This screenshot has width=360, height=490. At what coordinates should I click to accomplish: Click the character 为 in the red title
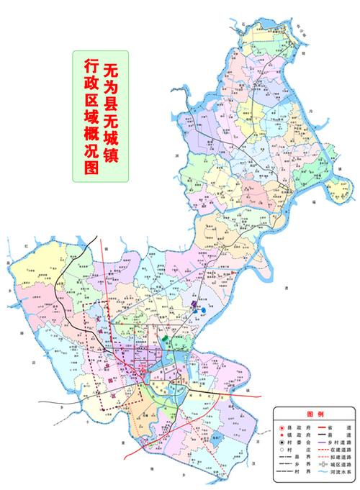(x=112, y=89)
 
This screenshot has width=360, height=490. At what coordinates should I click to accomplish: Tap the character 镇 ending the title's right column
(x=112, y=153)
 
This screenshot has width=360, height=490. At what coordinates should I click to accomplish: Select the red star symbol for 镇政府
(x=282, y=435)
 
